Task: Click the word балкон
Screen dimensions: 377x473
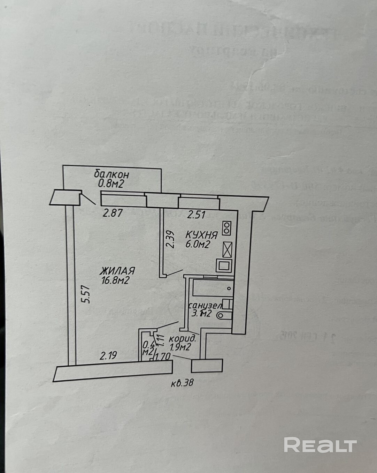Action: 111,174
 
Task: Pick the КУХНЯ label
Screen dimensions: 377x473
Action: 202,235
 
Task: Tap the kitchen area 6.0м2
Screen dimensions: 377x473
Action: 197,244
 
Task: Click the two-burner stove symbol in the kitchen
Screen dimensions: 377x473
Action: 227,228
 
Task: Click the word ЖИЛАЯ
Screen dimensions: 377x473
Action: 117,271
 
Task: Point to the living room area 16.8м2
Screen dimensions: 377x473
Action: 115,280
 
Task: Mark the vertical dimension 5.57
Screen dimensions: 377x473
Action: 87,294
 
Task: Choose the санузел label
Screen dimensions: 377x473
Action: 205,306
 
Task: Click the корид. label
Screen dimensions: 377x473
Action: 182,338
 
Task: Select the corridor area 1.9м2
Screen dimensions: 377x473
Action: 180,347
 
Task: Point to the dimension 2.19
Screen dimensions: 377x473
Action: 108,356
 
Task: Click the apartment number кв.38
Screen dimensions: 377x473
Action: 182,383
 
